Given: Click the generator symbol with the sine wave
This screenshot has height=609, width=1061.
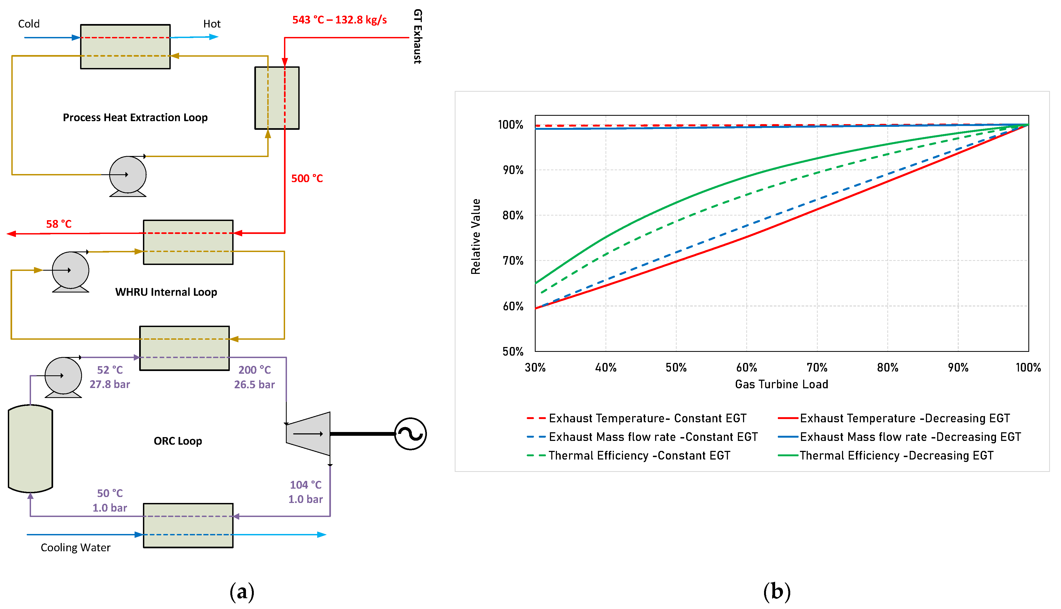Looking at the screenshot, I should pos(410,434).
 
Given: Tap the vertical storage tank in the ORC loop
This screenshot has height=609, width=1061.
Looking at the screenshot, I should pos(30,448).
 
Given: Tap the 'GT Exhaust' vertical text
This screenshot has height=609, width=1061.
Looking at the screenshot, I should pos(417,36).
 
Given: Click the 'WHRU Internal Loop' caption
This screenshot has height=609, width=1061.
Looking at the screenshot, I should pos(166,292).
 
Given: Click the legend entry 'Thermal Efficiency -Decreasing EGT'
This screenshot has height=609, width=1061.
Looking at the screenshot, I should pos(896,455).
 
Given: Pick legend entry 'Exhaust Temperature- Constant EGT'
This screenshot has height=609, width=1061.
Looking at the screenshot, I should pos(647,418).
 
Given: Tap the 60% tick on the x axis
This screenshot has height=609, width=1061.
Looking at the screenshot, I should pos(746,368).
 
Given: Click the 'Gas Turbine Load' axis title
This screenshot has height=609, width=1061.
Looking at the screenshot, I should pos(781,384).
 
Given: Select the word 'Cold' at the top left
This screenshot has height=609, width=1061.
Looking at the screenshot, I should pos(29,24).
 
